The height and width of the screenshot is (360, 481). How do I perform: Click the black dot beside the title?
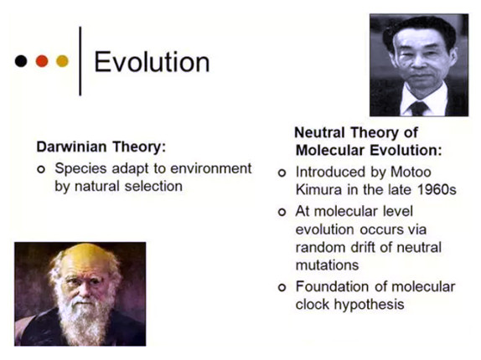(21, 61)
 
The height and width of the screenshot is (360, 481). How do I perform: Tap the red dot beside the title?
(42, 61)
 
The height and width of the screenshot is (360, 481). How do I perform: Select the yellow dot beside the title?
(62, 61)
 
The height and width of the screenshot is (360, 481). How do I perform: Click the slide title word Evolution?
(152, 62)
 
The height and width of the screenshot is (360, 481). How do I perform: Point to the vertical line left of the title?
(80, 61)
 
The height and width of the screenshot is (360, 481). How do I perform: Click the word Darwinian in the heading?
(71, 147)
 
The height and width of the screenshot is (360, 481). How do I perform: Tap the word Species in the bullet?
(80, 169)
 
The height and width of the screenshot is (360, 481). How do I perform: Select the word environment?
(210, 168)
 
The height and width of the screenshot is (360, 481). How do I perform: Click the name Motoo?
(411, 172)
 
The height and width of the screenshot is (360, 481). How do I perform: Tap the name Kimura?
(318, 190)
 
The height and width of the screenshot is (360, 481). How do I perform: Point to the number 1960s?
(437, 190)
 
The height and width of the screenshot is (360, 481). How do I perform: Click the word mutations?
(327, 265)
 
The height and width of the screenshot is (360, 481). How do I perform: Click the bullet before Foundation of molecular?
(282, 288)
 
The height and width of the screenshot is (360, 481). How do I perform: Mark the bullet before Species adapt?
(41, 169)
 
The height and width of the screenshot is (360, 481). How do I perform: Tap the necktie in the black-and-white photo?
(418, 108)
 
